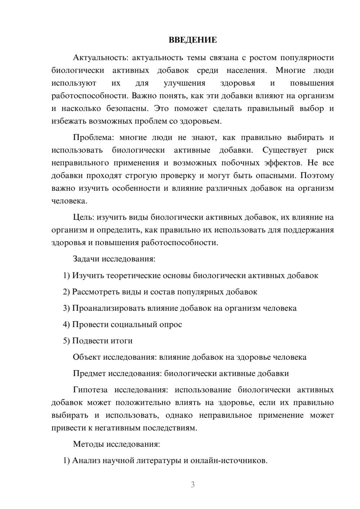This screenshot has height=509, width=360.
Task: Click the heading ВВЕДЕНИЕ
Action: (x=193, y=40)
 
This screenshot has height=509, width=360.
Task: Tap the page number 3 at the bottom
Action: (x=193, y=485)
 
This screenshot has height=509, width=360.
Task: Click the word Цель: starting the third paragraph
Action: (x=84, y=217)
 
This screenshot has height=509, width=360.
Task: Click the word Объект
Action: (x=87, y=357)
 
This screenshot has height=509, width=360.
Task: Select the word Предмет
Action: (x=89, y=373)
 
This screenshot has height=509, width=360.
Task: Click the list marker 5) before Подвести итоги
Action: (x=67, y=341)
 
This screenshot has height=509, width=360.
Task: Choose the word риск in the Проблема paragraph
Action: (x=325, y=150)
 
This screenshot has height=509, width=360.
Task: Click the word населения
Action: (x=247, y=70)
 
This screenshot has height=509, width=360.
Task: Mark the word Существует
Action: (x=285, y=150)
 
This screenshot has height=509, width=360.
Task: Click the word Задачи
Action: (x=86, y=259)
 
